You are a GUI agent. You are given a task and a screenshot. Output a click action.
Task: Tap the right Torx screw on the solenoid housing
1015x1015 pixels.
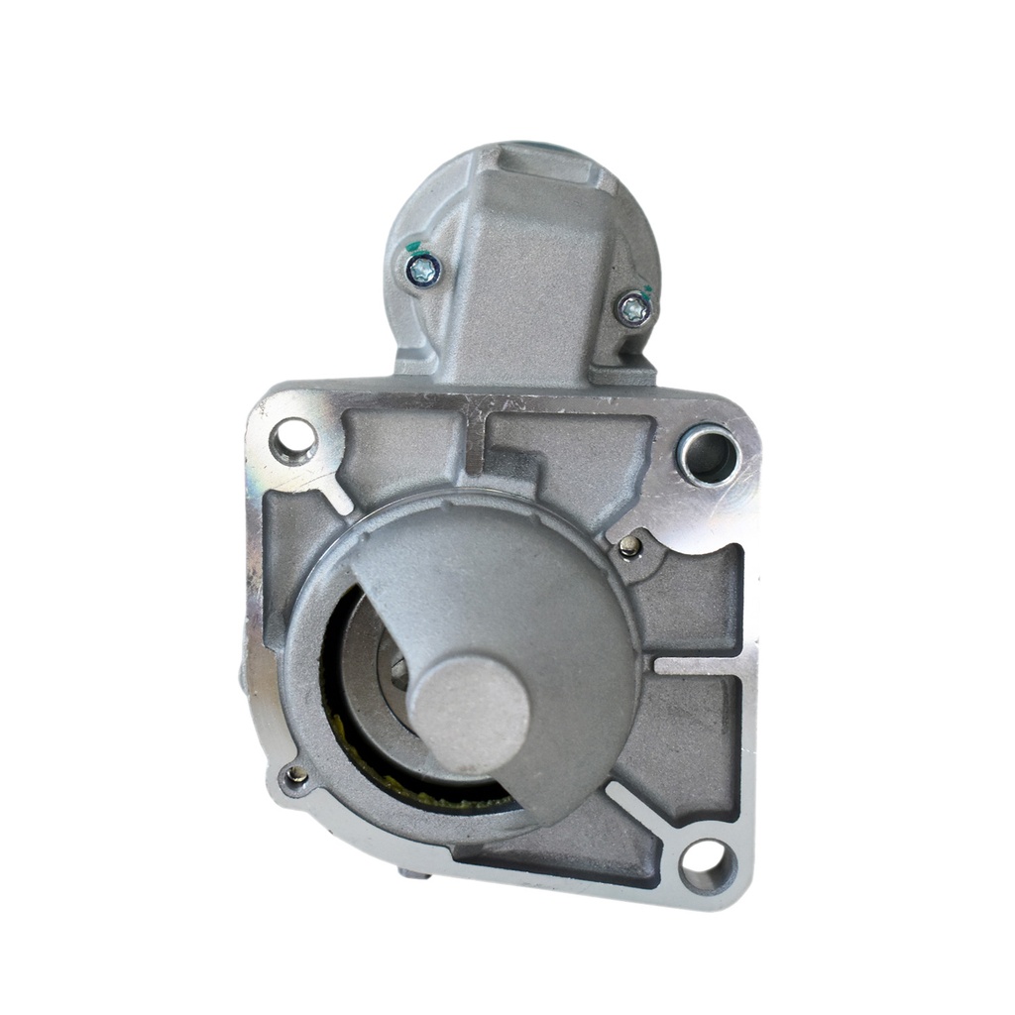(x=632, y=309)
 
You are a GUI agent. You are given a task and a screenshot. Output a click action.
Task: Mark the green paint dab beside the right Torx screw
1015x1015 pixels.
(x=646, y=292)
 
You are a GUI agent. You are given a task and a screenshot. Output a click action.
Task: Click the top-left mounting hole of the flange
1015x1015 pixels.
(x=293, y=440)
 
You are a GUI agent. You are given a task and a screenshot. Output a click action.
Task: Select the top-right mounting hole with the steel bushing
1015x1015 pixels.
(x=709, y=455)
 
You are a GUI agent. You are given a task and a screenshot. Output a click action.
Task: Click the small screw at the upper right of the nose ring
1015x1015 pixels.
(x=628, y=545)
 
